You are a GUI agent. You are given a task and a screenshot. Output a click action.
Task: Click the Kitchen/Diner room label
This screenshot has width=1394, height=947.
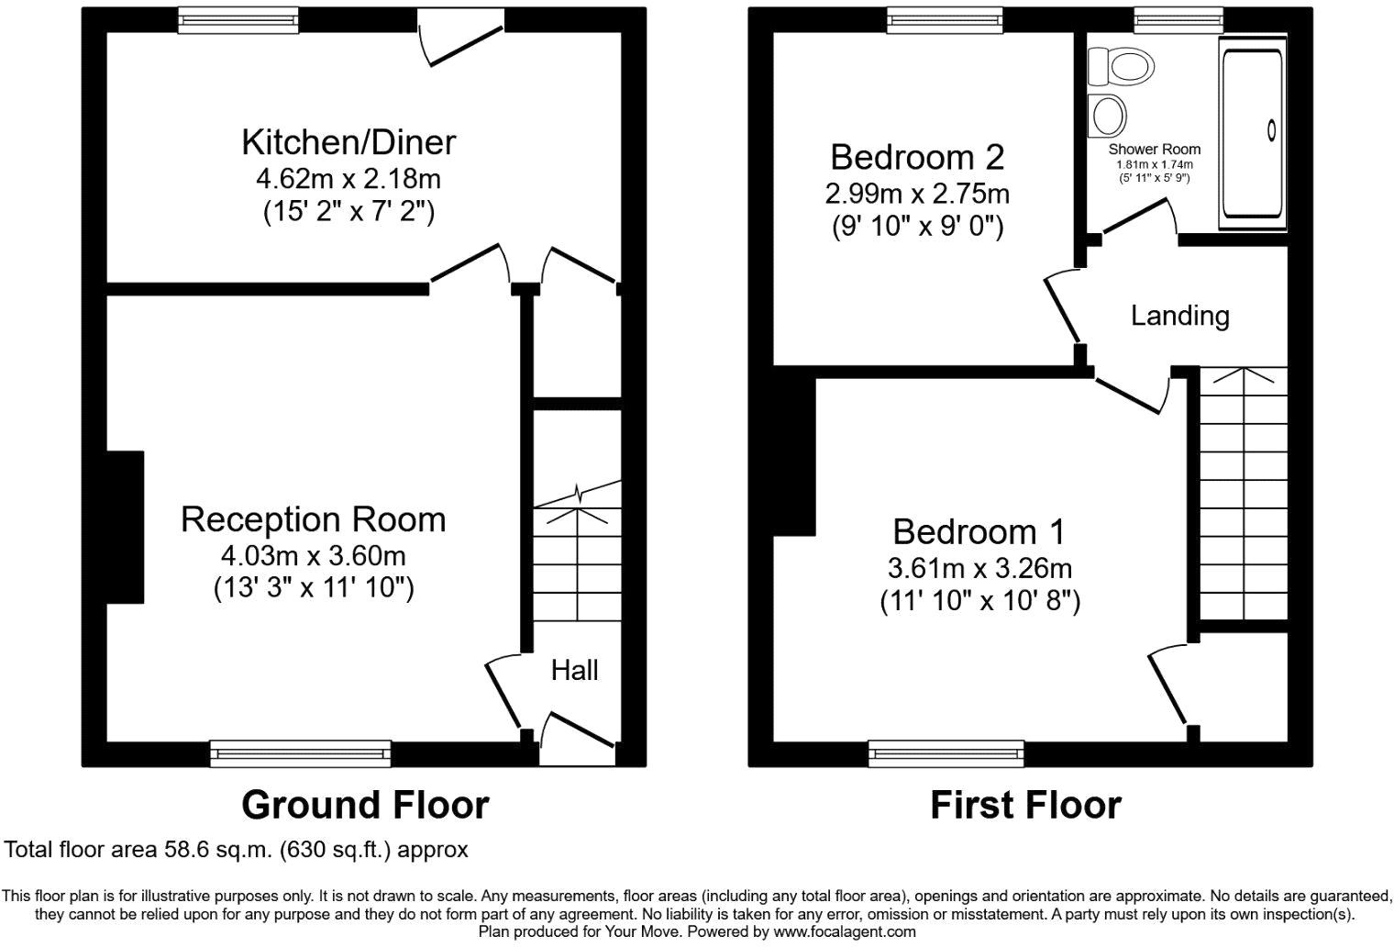click(348, 142)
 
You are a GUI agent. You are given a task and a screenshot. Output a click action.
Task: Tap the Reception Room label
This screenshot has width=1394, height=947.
click(313, 519)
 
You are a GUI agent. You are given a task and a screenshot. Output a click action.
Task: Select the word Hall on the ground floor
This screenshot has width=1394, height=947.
click(574, 670)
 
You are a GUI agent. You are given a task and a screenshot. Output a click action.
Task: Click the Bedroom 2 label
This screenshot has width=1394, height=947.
click(917, 157)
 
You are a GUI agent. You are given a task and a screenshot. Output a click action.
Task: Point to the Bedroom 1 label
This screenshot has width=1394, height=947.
click(979, 531)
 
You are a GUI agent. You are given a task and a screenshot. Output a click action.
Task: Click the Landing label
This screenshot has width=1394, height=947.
click(1179, 316)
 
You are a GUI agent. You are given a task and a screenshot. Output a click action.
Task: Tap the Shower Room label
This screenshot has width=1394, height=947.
click(1154, 149)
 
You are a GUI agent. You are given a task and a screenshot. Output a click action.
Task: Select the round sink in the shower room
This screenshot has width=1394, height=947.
click(1109, 116)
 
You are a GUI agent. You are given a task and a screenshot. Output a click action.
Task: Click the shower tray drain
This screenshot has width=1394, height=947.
click(1271, 130)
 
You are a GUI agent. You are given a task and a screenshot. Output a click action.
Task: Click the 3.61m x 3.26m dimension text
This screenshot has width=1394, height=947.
click(979, 568)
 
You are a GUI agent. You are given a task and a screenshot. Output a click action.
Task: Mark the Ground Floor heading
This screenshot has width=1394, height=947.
click(365, 805)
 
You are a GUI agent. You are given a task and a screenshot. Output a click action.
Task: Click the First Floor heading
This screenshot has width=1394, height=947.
click(1025, 805)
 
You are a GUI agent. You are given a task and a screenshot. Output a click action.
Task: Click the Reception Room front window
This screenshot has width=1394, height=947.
click(301, 753)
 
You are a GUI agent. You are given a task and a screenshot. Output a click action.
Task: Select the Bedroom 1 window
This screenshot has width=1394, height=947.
click(946, 753)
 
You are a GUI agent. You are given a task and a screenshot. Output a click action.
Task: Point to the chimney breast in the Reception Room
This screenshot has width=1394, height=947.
click(126, 527)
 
